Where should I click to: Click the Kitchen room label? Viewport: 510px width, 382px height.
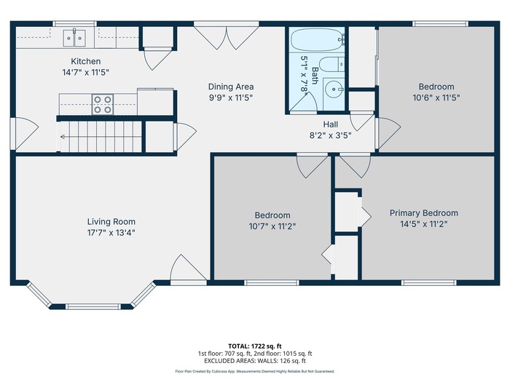pyautogui.click(x=85, y=61)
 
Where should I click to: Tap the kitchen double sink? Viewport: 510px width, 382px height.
pyautogui.click(x=74, y=39)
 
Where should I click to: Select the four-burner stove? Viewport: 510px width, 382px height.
pyautogui.click(x=103, y=104)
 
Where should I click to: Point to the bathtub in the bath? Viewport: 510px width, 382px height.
pyautogui.click(x=317, y=39)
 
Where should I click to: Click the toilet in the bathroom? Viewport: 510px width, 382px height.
pyautogui.click(x=331, y=64)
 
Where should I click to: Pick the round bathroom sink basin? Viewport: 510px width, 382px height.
pyautogui.click(x=333, y=88)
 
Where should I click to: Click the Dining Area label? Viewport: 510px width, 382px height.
pyautogui.click(x=231, y=87)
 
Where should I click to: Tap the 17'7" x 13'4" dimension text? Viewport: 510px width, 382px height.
pyautogui.click(x=111, y=233)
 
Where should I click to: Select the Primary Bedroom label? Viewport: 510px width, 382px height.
pyautogui.click(x=424, y=213)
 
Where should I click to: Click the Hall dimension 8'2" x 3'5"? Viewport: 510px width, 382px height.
pyautogui.click(x=331, y=135)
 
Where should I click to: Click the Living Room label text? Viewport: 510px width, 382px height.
pyautogui.click(x=111, y=221)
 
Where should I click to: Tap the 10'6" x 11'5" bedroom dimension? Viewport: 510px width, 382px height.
pyautogui.click(x=436, y=98)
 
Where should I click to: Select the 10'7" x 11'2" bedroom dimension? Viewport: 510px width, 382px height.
pyautogui.click(x=272, y=226)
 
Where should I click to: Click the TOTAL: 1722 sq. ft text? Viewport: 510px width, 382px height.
pyautogui.click(x=255, y=346)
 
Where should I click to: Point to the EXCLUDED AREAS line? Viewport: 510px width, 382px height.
pyautogui.click(x=255, y=361)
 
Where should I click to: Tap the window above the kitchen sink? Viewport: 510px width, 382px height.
pyautogui.click(x=74, y=24)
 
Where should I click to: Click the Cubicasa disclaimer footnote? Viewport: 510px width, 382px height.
pyautogui.click(x=255, y=371)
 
